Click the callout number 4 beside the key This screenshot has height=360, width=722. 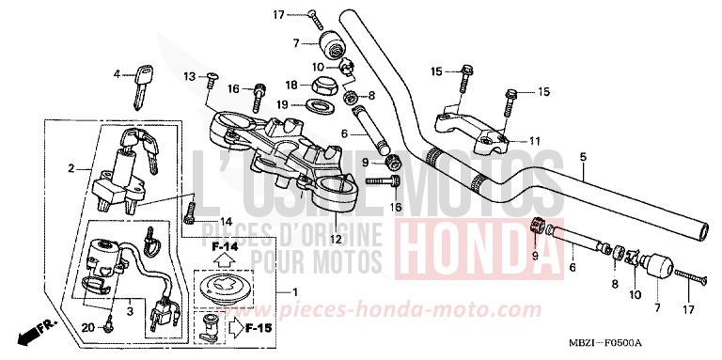pos(118,73)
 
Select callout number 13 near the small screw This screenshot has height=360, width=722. pos(189,75)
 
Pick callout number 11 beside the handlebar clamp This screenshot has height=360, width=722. pos(535,141)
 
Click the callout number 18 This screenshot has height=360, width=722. pos(291,85)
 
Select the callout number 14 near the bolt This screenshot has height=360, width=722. pos(226,221)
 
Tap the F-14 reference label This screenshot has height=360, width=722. pos(226,246)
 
